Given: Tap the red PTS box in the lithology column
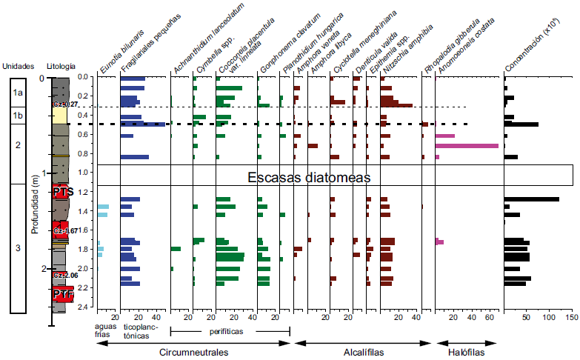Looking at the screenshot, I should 63,192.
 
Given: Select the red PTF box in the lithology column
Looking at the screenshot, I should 63,294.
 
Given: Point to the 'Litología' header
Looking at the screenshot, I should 61,67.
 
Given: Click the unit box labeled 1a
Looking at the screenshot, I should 19,92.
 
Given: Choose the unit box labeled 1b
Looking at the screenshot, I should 19,116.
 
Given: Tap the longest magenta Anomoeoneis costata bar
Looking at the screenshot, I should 467,146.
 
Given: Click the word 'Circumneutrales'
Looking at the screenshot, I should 194,352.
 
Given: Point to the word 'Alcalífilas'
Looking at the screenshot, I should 362,352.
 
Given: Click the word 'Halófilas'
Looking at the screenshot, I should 467,352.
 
